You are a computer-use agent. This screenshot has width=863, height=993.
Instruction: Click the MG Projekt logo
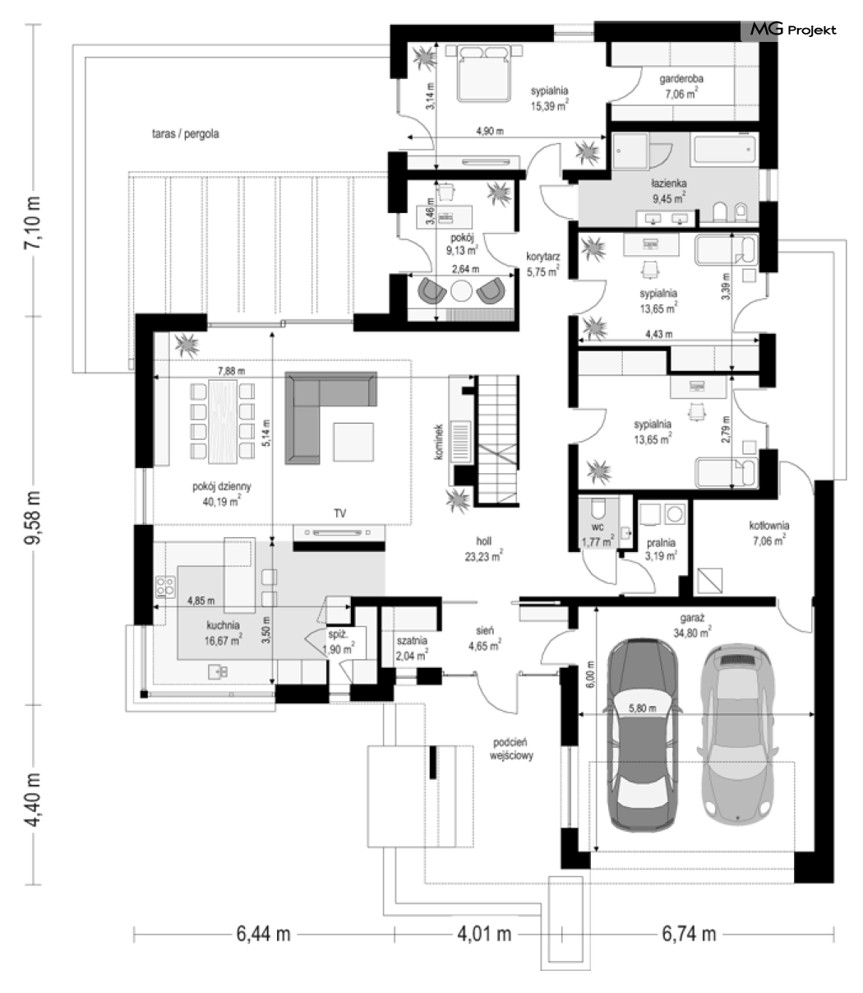793,30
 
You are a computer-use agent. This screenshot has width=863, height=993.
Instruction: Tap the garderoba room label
681,86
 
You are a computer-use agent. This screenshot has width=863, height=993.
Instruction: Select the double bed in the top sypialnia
484,73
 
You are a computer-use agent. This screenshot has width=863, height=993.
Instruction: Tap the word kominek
439,442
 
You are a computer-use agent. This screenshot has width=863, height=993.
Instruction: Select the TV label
340,513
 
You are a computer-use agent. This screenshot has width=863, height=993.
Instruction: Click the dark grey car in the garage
643,735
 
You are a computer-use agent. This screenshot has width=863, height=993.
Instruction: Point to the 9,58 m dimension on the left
34,517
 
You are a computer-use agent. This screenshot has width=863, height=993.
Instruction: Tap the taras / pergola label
186,133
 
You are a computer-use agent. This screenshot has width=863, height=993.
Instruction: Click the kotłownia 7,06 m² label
769,533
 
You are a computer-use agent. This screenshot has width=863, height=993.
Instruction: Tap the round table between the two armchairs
461,291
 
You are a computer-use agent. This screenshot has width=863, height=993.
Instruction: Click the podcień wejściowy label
511,749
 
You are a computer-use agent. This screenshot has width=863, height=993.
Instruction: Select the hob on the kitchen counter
165,586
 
